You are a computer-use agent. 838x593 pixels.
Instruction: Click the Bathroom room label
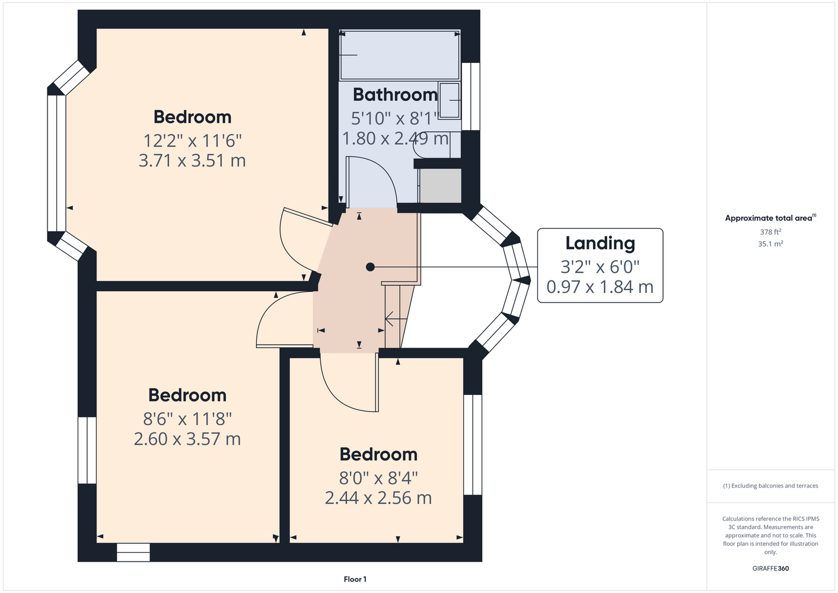click(x=395, y=95)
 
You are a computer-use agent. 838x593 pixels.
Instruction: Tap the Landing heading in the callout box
click(x=600, y=243)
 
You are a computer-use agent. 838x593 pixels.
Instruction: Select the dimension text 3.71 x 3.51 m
click(x=192, y=161)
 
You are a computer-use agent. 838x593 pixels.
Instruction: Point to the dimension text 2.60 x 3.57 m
click(x=187, y=439)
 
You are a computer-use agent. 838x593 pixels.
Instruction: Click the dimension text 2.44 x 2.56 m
click(x=378, y=498)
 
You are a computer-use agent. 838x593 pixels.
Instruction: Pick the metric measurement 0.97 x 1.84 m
click(x=600, y=287)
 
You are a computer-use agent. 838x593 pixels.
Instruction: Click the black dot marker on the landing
click(x=370, y=267)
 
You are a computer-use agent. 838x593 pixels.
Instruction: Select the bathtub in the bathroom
click(x=400, y=55)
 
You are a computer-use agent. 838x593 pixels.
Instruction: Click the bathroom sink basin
click(x=449, y=100)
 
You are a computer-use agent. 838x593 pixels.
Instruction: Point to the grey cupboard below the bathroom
click(x=440, y=186)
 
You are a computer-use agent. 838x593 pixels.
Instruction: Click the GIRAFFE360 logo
click(x=770, y=568)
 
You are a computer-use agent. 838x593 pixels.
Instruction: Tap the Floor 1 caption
click(x=355, y=579)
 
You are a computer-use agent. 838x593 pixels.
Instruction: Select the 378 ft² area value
click(x=770, y=232)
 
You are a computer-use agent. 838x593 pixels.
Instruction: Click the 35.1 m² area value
click(x=770, y=244)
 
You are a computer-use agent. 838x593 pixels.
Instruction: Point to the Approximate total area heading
click(x=770, y=218)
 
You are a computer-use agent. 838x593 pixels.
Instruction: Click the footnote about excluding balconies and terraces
click(x=770, y=486)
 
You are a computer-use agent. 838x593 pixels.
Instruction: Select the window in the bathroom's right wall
click(x=471, y=97)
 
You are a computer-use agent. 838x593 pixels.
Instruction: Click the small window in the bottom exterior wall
click(x=133, y=552)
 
